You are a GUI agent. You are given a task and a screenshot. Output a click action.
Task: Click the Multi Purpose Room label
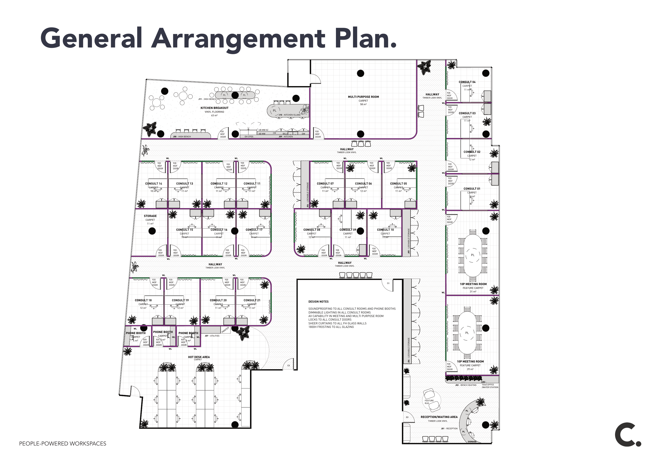363,97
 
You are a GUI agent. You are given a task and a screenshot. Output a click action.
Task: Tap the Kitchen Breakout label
214,108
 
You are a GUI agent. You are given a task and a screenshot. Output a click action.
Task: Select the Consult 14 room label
153,183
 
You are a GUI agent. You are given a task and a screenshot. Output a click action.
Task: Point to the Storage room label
150,216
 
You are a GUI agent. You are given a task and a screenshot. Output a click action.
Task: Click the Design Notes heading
318,301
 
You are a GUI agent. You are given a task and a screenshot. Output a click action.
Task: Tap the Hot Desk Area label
199,357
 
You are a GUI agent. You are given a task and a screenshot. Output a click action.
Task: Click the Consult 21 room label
252,300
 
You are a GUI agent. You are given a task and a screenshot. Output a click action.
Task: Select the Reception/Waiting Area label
439,417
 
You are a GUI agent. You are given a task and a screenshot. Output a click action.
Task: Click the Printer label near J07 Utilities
225,330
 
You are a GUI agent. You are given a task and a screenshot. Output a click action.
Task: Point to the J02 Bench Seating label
466,385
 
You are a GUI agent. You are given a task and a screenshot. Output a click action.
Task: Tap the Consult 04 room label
467,82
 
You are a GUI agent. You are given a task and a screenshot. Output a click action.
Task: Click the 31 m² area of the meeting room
473,292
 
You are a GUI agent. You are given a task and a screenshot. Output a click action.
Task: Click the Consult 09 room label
348,230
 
